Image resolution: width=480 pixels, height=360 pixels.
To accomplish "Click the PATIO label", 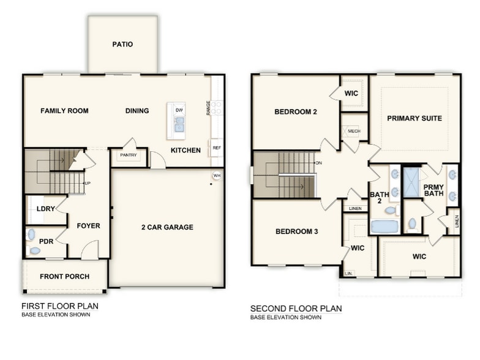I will coord(122,44).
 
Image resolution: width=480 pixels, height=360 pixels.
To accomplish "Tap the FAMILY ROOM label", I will coord(64,111).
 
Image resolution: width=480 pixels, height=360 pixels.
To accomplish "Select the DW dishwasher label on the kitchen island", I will coord(179,110).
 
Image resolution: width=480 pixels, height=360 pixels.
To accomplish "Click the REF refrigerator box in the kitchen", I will coord(216,148).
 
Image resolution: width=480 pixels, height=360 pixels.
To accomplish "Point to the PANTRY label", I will coord(129,156).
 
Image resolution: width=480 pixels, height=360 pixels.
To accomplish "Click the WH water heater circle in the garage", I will coord(217,176).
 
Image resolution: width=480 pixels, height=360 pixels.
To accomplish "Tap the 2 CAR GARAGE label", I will coord(167,227).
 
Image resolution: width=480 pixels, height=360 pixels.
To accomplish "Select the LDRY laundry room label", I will coord(47,209).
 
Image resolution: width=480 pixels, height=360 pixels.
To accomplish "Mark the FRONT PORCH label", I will coord(64,276).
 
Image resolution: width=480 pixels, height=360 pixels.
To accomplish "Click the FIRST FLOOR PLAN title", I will coord(59,306).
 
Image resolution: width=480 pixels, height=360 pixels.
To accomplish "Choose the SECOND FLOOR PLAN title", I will coord(296,309).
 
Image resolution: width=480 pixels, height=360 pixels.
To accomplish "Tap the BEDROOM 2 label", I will coord(295,111).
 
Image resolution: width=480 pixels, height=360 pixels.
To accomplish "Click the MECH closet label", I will coord(353,131).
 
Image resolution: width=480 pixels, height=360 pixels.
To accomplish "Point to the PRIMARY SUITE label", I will coord(414,118).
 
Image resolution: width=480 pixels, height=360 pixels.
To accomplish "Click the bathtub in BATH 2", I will coord(384,226).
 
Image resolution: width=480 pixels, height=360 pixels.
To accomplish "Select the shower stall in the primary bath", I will coord(411,182).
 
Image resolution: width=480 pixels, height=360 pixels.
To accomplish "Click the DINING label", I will coord(137,111).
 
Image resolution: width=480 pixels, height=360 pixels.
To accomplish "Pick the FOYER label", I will coord(88,226).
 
